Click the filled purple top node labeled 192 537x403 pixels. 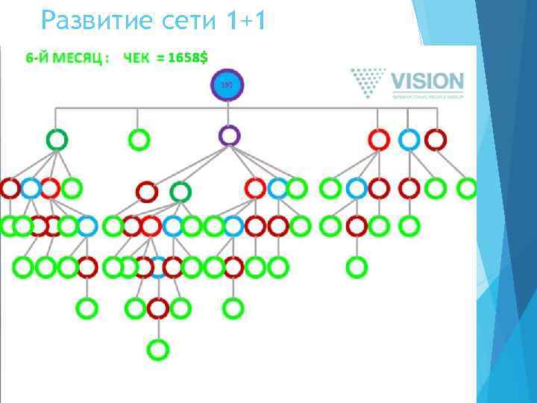pos(228,86)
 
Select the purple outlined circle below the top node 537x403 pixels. pos(230,135)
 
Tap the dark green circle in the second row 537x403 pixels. pos(57,139)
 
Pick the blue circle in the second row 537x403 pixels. pos(409,139)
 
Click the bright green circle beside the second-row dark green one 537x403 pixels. pos(139,139)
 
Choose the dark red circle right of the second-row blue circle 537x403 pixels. pos(435,139)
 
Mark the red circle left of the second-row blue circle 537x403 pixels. pos(380,139)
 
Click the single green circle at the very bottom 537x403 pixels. pos(158,348)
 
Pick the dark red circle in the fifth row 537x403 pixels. pos(158,307)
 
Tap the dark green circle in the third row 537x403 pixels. pos(180,192)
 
